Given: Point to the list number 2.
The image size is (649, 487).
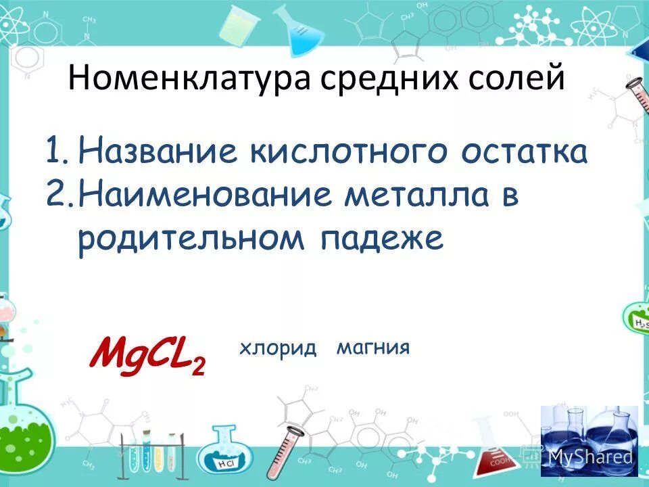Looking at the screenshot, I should point(57,195).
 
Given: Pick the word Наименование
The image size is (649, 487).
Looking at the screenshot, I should point(206,195).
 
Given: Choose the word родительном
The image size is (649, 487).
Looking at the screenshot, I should point(189,239).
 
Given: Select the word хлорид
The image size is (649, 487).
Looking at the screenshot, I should point(278,348).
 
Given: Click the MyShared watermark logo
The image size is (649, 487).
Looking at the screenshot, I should point(590,446).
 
